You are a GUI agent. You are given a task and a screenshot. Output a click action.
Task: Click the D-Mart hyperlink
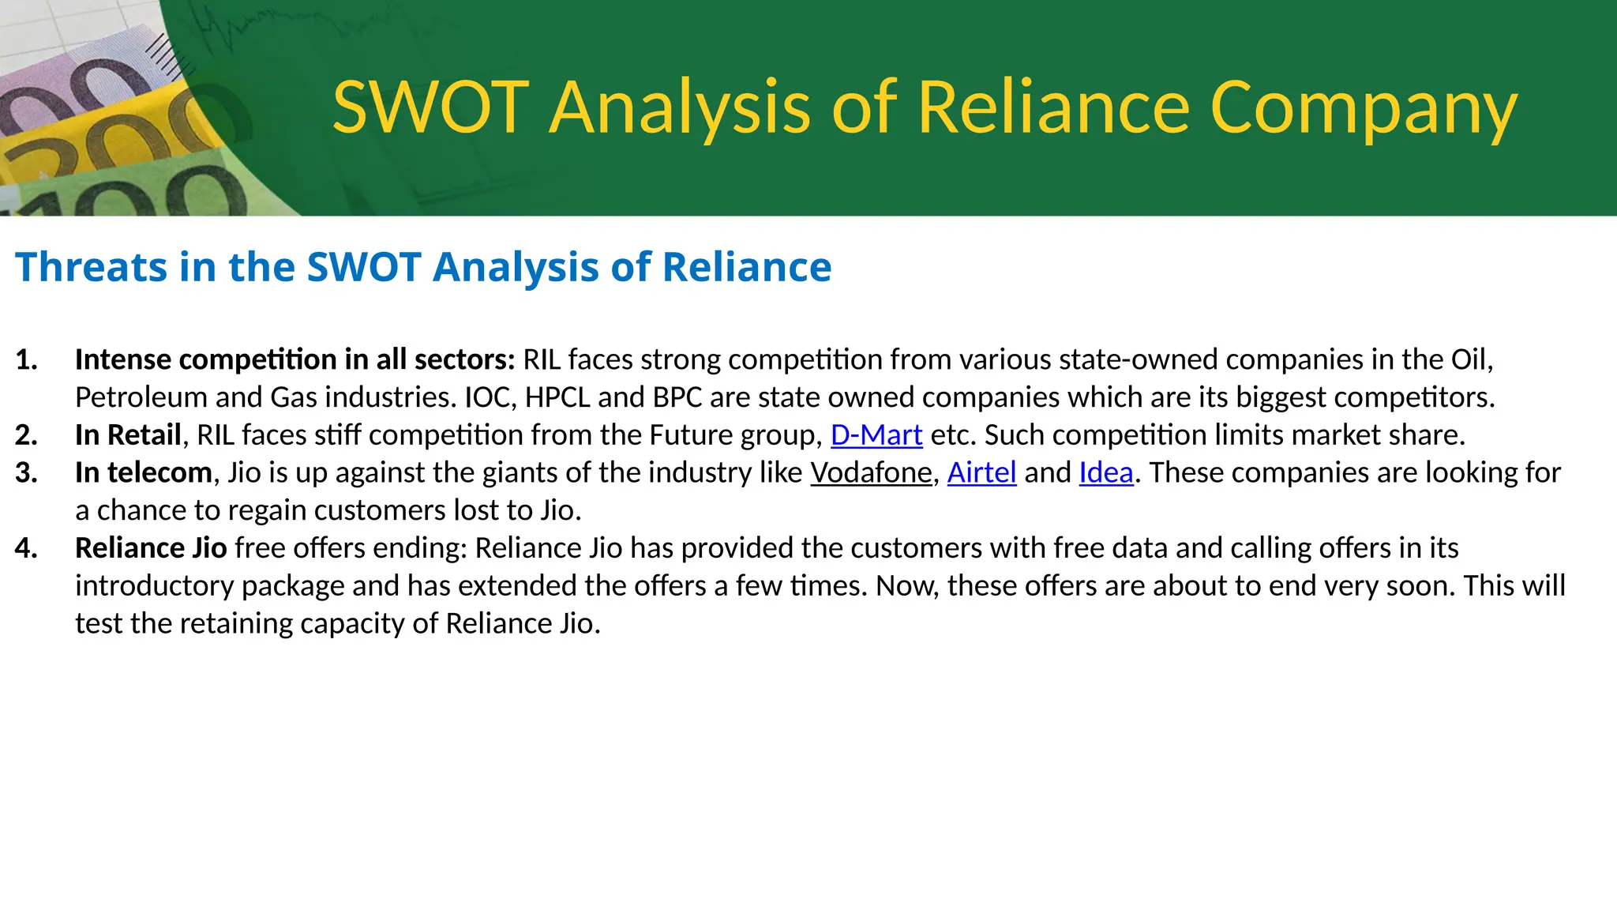tap(876, 435)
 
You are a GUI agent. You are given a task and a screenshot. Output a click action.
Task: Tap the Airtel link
tap(981, 473)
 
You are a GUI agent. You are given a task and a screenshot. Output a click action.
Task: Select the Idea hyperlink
tap(1106, 473)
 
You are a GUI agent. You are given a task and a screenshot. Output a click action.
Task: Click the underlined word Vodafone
tap(871, 473)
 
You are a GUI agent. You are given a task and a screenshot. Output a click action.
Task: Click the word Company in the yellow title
tap(1363, 109)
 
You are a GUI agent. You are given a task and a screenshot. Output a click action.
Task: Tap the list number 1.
tap(26, 360)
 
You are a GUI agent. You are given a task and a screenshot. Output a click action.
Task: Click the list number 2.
tap(26, 435)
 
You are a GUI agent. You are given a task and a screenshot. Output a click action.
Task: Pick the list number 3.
tap(26, 473)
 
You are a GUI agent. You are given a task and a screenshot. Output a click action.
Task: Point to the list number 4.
tap(26, 548)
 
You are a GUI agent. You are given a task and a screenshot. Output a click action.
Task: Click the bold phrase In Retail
tap(128, 435)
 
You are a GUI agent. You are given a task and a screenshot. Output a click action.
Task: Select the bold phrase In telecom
tap(144, 473)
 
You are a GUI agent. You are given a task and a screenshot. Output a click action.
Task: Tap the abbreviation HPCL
tap(557, 397)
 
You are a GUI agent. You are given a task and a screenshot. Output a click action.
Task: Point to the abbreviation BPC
tap(677, 397)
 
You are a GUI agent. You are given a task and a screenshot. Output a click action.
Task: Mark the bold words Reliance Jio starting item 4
tap(151, 548)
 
